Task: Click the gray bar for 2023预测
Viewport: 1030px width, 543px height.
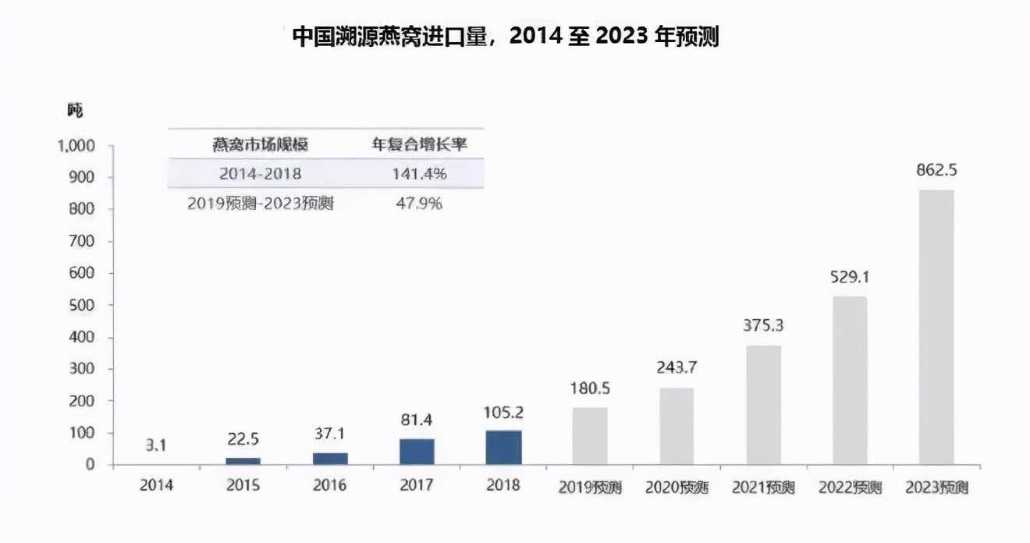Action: pos(936,328)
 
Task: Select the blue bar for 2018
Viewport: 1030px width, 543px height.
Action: pos(503,448)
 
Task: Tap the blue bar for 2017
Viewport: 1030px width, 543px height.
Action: pos(417,452)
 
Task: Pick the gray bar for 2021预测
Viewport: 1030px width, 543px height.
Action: pos(763,405)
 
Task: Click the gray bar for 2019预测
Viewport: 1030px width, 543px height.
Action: pos(589,436)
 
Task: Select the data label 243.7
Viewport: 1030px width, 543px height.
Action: pos(676,368)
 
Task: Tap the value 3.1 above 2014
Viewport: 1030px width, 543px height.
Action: pos(157,445)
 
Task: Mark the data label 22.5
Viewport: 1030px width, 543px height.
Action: pos(243,438)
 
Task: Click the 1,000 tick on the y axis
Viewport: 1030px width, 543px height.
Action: pos(76,146)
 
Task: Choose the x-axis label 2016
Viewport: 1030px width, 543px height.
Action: pos(329,485)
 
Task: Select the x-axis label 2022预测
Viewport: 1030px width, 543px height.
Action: pos(851,488)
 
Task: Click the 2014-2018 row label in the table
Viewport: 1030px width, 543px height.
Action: pos(260,173)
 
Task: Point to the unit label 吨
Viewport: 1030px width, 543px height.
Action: pos(74,111)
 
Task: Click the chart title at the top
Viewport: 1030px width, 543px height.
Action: pos(505,37)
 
